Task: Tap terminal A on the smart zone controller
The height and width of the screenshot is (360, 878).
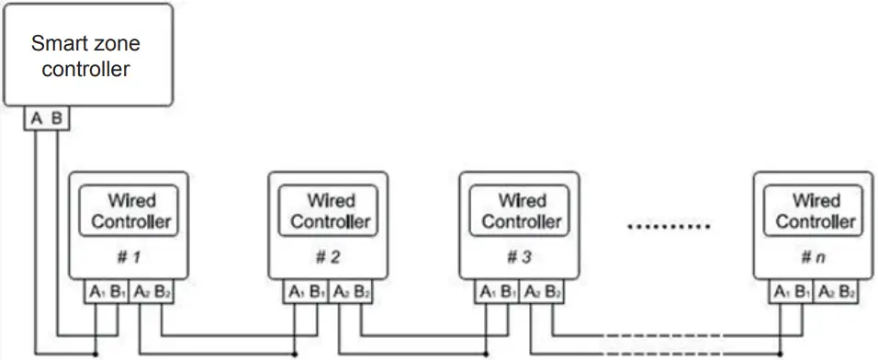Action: point(35,118)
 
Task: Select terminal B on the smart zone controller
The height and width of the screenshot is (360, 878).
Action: point(56,118)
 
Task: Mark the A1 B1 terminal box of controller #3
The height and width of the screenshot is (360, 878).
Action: point(497,293)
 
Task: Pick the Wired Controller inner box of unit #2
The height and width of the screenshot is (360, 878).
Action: point(329,211)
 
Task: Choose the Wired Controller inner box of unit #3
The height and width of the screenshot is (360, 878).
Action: point(521,211)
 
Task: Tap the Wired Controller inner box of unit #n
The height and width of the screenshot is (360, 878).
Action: point(815,211)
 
